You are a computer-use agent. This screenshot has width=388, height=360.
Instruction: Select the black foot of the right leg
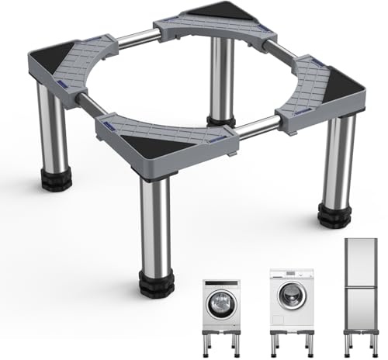point(335,215)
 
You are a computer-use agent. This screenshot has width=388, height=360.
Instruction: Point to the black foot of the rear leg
point(223,119)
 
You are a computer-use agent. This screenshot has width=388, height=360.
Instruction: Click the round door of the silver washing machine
point(222,303)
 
